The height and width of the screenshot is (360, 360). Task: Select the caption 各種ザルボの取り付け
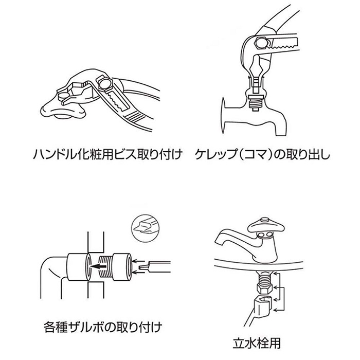pos(103,326)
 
